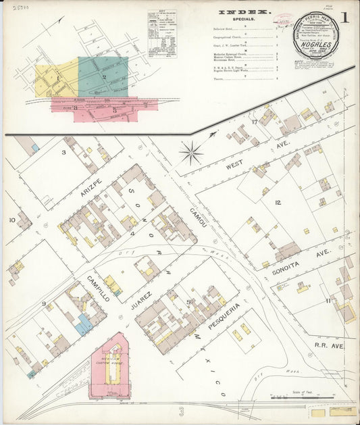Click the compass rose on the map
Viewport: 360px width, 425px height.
[x=192, y=153]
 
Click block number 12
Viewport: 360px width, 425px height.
[x=277, y=203]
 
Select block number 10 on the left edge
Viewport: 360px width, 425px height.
[x=12, y=220]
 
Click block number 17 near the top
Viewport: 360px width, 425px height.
[x=255, y=122]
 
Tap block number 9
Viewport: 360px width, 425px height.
[x=43, y=303]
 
